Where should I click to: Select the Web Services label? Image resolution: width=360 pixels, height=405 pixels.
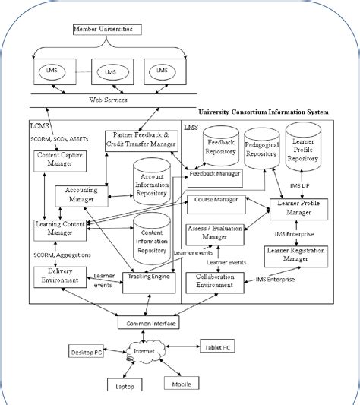tap(107, 100)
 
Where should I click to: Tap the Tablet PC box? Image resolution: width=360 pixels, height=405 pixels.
tap(218, 346)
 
